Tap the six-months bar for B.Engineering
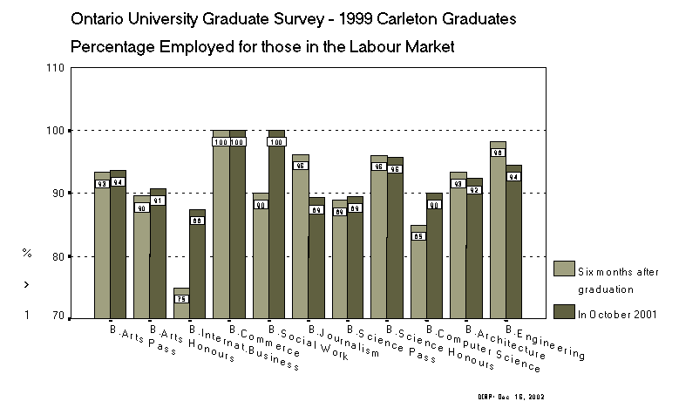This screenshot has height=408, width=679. tap(498, 244)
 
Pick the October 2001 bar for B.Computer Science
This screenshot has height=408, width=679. tap(435, 262)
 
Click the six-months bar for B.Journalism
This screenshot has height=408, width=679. tap(301, 244)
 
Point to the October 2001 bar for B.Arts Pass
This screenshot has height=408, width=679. tap(118, 253)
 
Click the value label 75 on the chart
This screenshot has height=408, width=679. tap(181, 299)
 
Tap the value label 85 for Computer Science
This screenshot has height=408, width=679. tap(419, 236)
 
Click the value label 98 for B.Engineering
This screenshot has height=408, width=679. tap(498, 153)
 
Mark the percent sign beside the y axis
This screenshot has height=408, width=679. tap(27, 253)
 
